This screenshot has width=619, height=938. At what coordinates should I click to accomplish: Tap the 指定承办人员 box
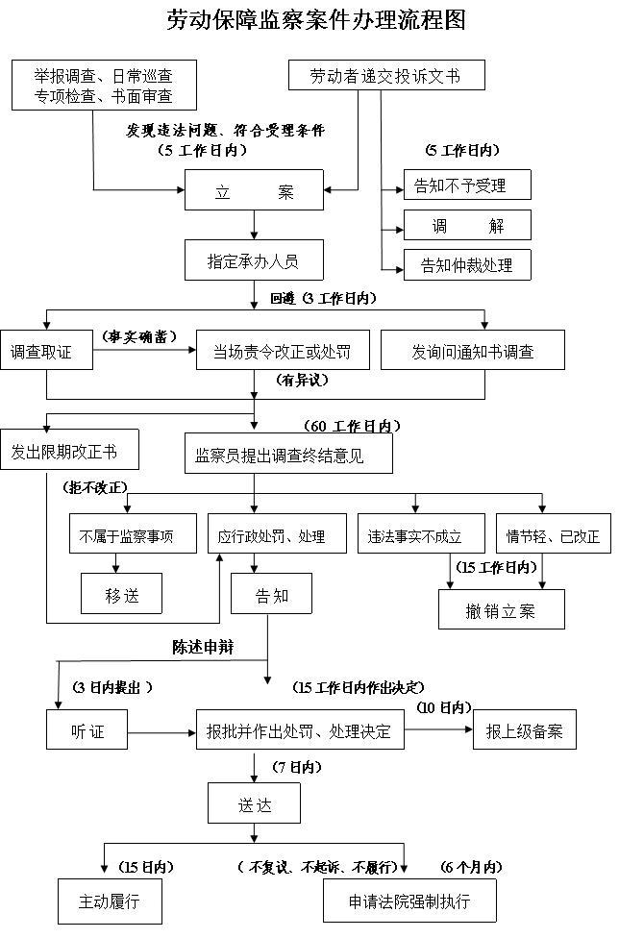tap(254, 259)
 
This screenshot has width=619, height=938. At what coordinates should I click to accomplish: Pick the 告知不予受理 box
tap(467, 185)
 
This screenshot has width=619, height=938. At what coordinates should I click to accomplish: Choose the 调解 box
tap(467, 226)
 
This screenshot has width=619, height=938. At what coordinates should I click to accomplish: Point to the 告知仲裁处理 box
tap(467, 265)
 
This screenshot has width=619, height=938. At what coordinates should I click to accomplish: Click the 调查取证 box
tap(46, 353)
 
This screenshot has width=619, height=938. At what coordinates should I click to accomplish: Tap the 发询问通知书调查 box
tap(473, 353)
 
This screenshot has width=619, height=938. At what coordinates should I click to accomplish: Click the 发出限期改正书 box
tap(70, 451)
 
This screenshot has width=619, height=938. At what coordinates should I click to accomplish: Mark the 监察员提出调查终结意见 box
tap(288, 455)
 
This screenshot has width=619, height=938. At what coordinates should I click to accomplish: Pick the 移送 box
tap(121, 595)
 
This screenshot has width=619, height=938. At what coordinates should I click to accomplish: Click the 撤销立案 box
tap(501, 611)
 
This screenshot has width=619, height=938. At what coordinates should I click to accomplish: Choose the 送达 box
tap(254, 803)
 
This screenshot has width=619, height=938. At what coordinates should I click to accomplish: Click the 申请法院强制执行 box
tap(409, 902)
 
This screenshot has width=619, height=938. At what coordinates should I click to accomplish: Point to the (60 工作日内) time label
tap(352, 426)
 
